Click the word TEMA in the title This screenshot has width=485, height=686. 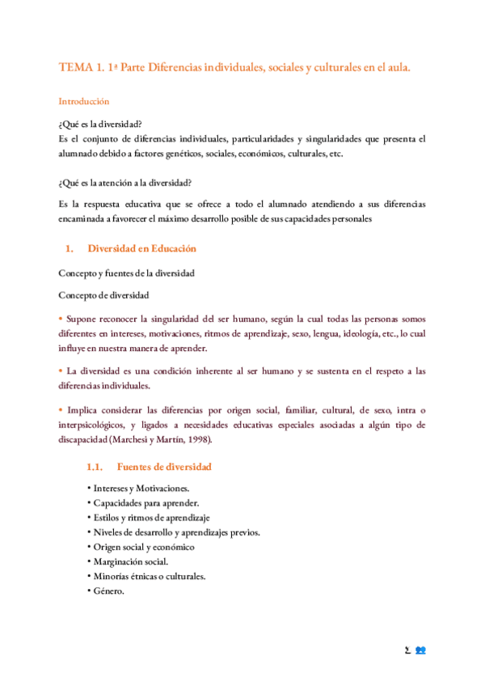coord(75,69)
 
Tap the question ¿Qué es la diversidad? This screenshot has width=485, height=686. coord(101,124)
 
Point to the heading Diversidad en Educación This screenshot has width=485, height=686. coord(141,248)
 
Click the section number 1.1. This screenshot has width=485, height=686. coord(96,467)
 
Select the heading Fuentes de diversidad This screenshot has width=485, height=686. coord(164,467)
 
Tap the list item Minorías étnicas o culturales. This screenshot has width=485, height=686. coord(148,576)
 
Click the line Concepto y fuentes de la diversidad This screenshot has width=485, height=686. coord(126,273)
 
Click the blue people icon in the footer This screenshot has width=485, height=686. coord(420,650)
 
